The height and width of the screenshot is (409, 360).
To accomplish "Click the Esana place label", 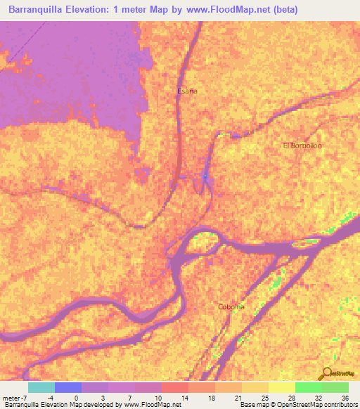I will click(186, 91).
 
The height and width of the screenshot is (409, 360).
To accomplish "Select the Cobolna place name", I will click(230, 307).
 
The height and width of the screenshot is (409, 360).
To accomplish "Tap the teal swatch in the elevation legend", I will click(41, 387).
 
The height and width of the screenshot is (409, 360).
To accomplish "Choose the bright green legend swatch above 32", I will click(308, 387).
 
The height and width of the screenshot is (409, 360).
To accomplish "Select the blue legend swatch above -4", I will click(67, 387).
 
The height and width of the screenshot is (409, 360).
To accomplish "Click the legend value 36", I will click(344, 397).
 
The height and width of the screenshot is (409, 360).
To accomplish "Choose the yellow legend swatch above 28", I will click(281, 387).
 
